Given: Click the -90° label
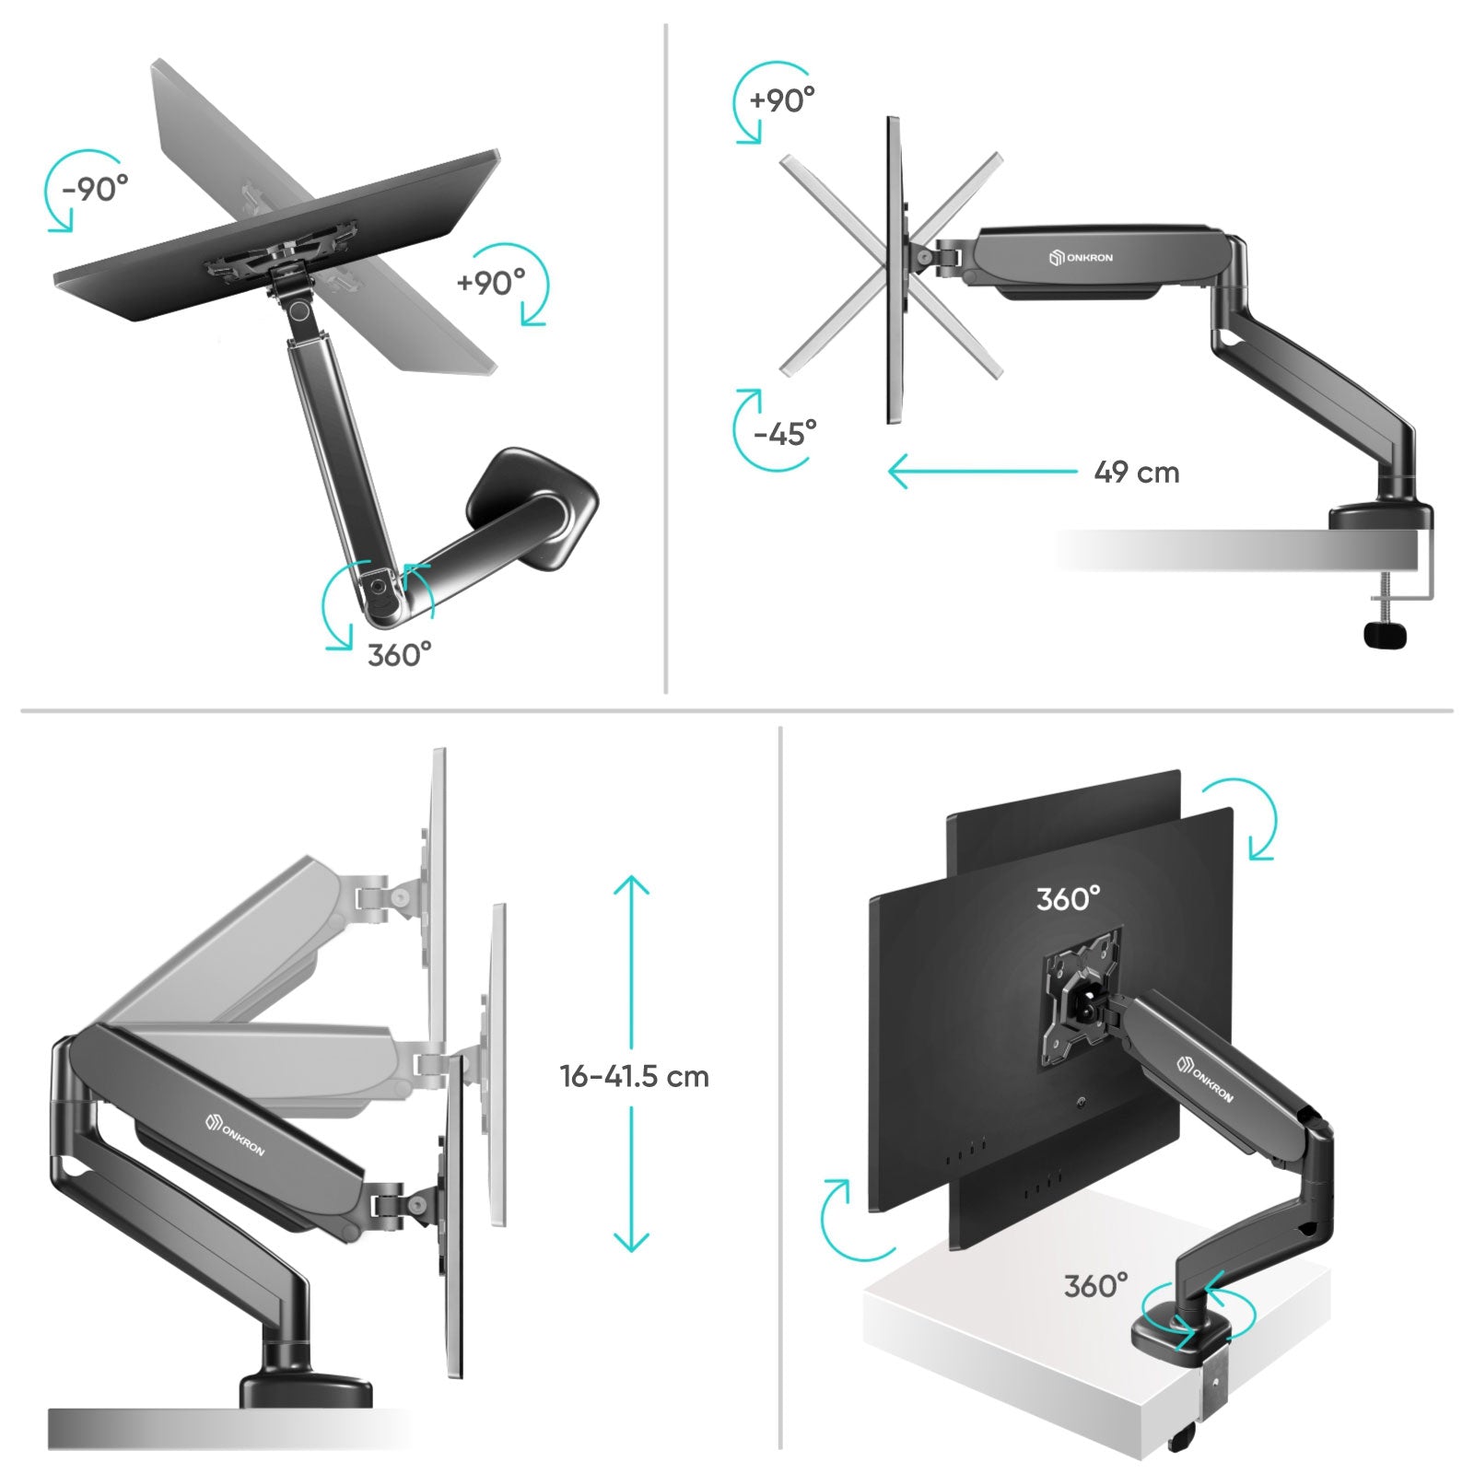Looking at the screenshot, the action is [x=95, y=189].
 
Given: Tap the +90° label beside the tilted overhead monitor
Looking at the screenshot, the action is [x=491, y=282].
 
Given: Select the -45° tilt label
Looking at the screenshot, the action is [x=785, y=432].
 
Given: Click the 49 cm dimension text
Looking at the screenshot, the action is [x=1136, y=473].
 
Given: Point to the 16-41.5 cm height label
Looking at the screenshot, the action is [x=634, y=1076].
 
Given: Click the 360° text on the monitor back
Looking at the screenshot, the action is [x=1068, y=898].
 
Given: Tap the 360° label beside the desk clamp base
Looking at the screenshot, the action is [x=1095, y=1285].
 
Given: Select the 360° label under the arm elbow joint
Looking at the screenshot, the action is [x=399, y=655].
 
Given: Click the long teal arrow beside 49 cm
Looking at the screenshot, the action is [x=982, y=472].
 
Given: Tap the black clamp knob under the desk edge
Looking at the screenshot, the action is [x=1386, y=635].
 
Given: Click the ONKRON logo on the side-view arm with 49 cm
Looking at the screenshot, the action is [x=1081, y=258].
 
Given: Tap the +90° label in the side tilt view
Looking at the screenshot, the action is [x=782, y=99].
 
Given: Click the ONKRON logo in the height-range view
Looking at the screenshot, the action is [x=235, y=1135].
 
